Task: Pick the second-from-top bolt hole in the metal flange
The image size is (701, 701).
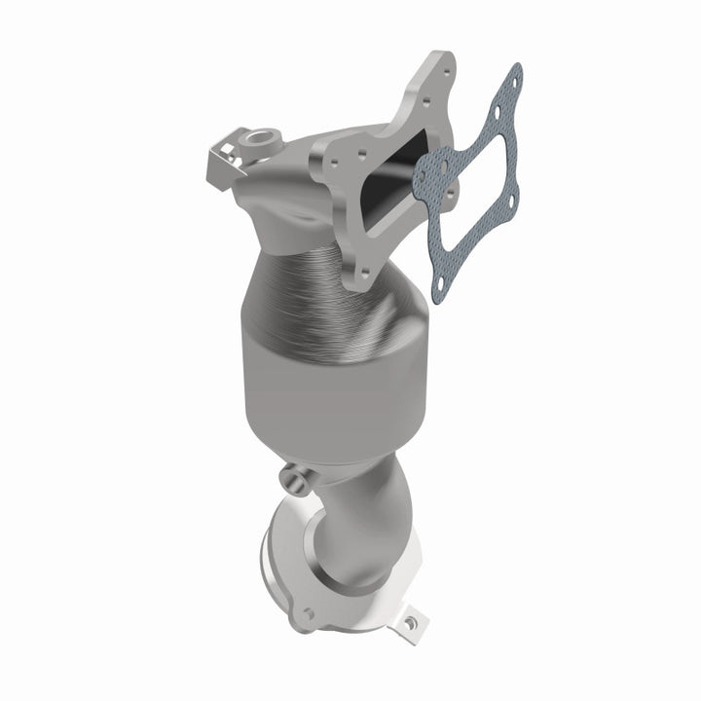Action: point(424,98)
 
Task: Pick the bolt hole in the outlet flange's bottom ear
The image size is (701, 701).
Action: point(310,614)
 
